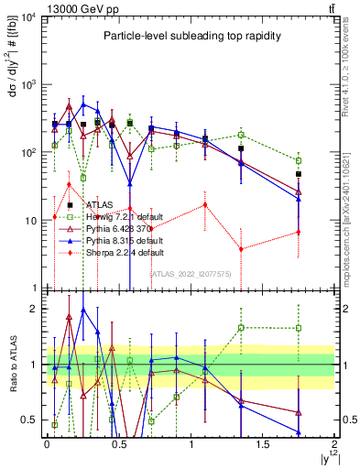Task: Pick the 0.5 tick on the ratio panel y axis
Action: point(33,420)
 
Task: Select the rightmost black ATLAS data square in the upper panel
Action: point(299,174)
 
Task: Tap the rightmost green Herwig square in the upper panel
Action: point(299,160)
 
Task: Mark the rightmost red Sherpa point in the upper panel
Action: point(299,232)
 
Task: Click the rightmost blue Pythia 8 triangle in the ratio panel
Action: point(299,431)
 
